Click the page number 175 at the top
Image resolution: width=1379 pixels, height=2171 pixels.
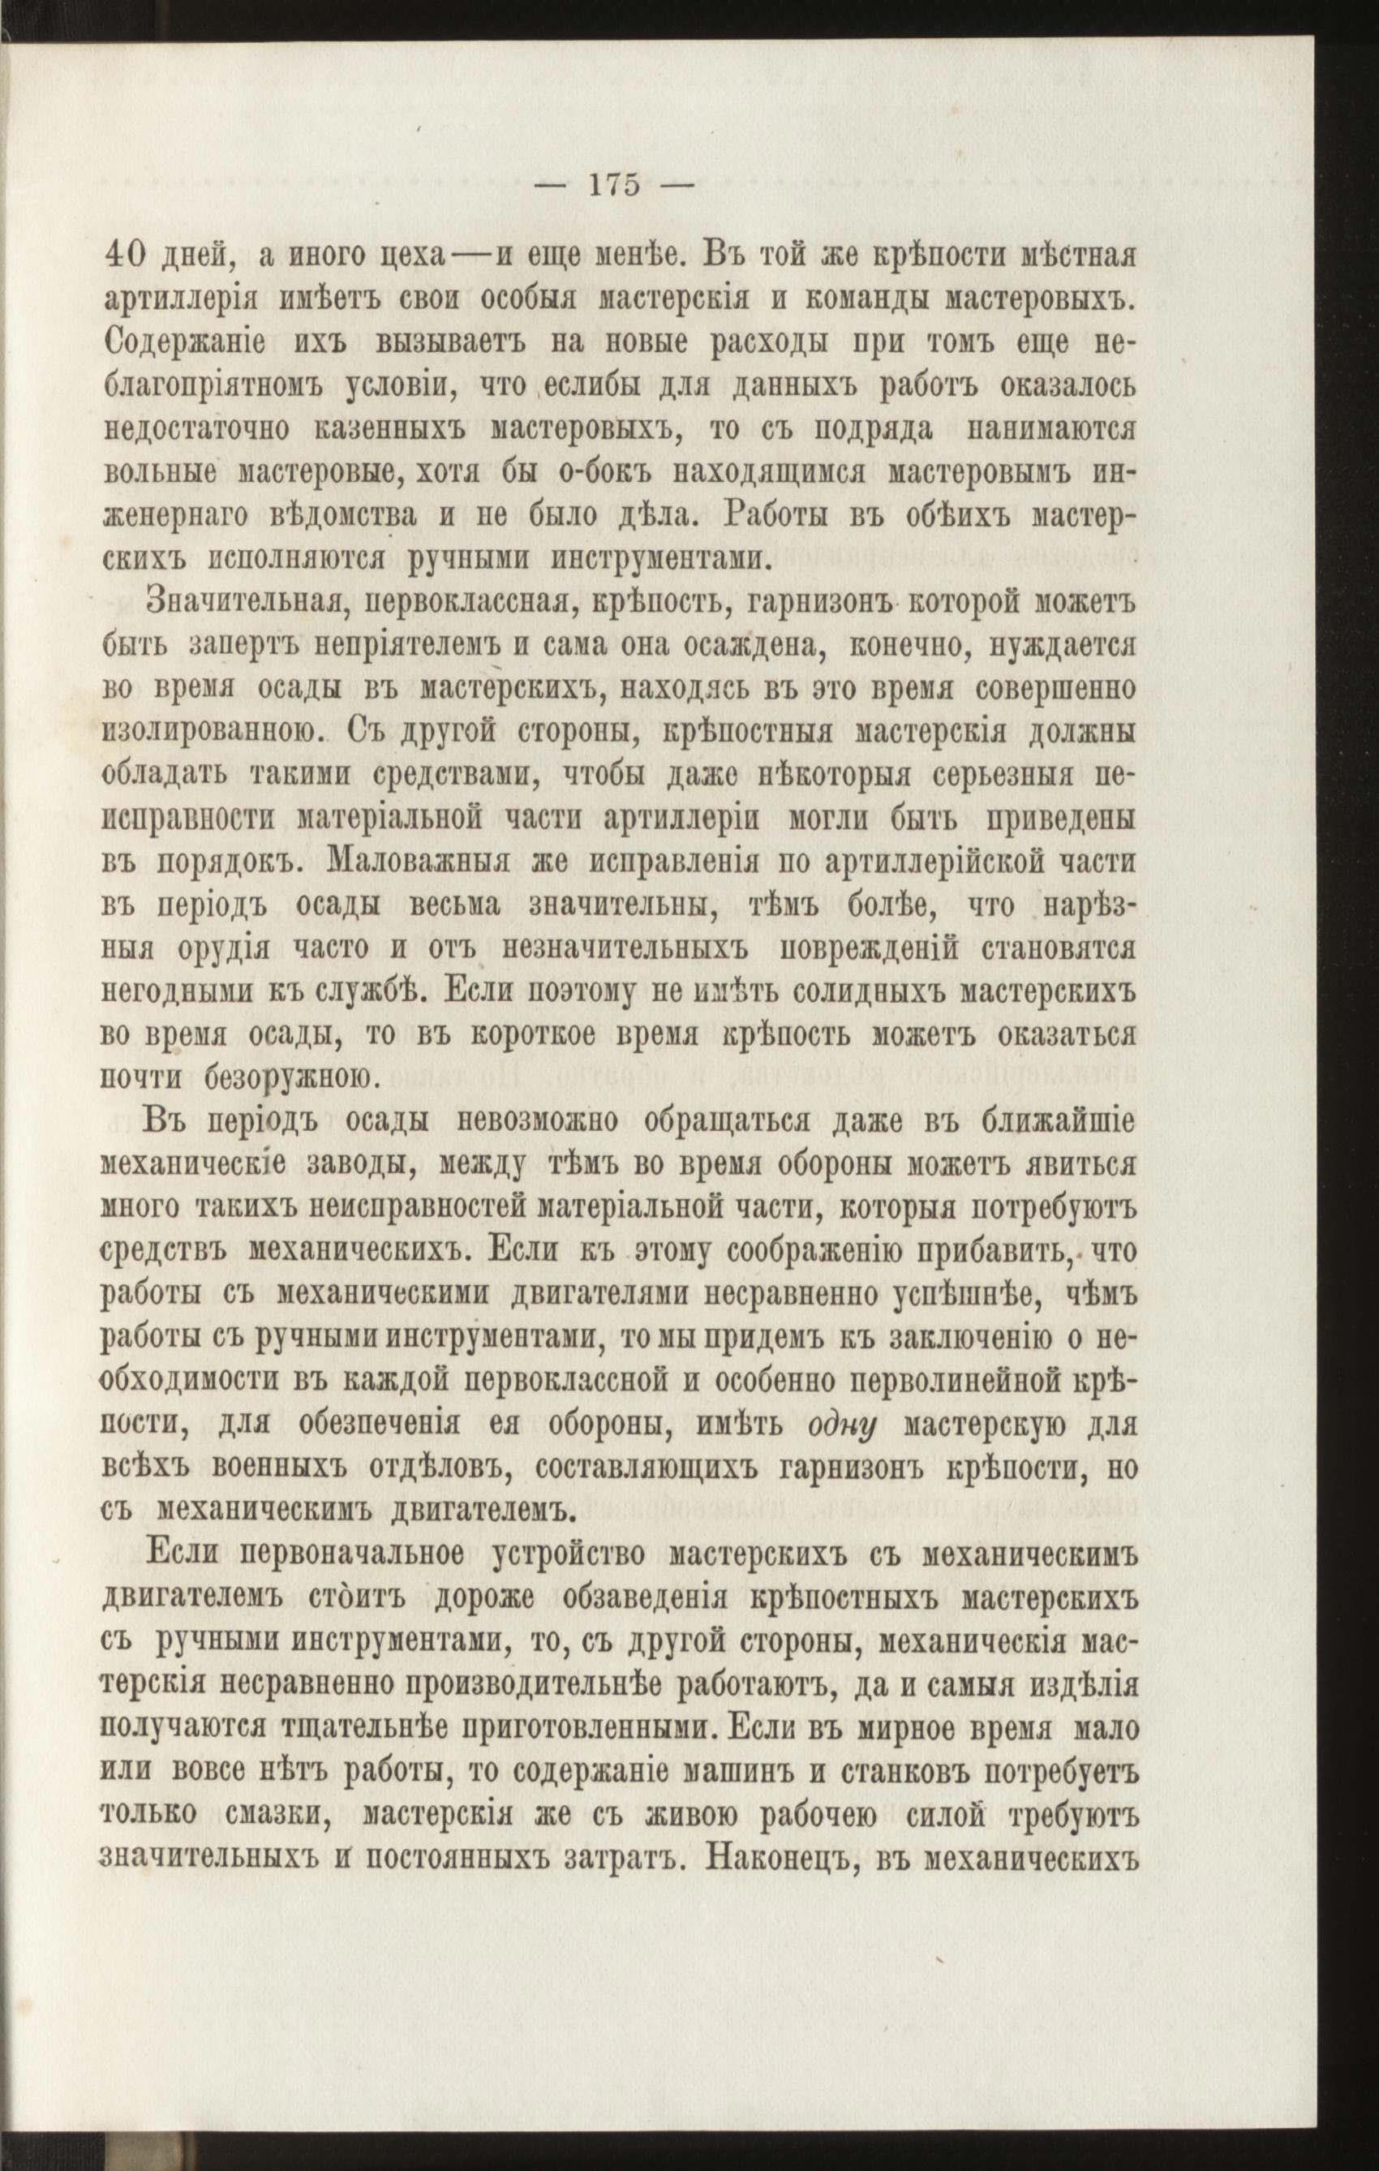(614, 186)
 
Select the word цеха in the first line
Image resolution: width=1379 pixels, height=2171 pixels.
(414, 258)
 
